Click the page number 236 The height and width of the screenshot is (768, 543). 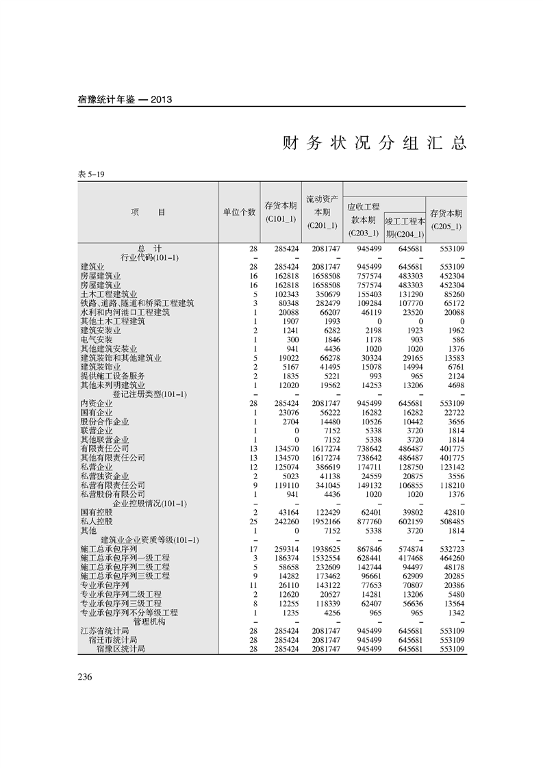85,677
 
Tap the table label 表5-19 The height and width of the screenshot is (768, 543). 91,175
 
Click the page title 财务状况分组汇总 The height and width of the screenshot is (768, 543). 375,143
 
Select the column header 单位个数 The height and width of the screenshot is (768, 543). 239,212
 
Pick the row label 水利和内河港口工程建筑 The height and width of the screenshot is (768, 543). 125,312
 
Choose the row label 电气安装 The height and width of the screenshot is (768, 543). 97,340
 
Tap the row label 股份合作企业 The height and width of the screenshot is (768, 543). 105,422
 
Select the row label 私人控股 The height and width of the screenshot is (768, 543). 97,522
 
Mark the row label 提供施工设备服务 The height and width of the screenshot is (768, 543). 112,376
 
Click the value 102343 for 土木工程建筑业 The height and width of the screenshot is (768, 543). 283,294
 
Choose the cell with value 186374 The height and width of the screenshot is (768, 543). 283,558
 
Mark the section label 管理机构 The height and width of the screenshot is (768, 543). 149,622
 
